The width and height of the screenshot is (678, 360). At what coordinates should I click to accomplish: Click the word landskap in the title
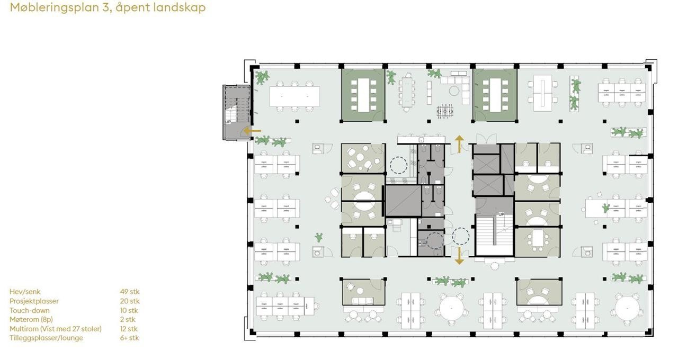[179, 8]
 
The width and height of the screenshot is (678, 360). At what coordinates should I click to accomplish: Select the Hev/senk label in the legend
[25, 292]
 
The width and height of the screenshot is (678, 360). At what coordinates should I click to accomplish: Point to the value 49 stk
[130, 292]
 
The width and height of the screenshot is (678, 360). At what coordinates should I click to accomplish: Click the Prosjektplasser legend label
[34, 301]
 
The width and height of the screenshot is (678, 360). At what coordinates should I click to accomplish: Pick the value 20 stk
[130, 301]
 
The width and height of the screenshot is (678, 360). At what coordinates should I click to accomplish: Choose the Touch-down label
[30, 311]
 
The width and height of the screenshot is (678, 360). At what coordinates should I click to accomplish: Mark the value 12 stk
[129, 329]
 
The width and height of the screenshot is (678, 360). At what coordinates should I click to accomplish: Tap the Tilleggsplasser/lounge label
[46, 338]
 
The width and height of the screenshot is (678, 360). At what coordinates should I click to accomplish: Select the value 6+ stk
[130, 338]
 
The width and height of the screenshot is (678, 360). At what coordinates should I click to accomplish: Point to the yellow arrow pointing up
[459, 143]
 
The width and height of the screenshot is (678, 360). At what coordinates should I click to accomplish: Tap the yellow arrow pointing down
[459, 255]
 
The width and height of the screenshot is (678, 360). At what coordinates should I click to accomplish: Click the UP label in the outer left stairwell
[228, 122]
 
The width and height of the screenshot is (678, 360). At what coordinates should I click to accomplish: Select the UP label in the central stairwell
[501, 214]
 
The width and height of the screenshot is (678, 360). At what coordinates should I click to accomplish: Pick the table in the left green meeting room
[363, 95]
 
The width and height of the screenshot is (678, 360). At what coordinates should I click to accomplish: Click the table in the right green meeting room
[495, 95]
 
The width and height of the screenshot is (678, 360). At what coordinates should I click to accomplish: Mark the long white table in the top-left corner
[295, 96]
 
